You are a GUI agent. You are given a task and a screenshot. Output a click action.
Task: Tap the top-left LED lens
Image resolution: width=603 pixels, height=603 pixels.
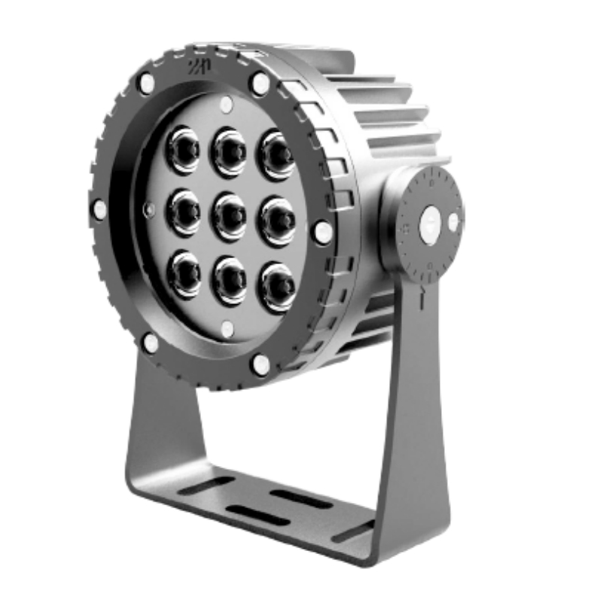pyautogui.click(x=184, y=148)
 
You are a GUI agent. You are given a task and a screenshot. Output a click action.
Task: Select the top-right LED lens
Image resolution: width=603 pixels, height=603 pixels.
pyautogui.click(x=277, y=153)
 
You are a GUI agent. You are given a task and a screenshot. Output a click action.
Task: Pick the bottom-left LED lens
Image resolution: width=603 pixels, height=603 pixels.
pyautogui.click(x=184, y=273)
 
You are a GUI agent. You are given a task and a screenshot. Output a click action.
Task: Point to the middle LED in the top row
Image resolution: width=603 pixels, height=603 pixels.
pyautogui.click(x=229, y=150)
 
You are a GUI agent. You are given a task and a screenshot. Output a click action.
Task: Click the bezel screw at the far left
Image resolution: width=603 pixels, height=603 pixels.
pyautogui.click(x=99, y=209)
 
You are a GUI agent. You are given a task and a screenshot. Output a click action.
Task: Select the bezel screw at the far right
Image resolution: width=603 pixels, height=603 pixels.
pyautogui.click(x=322, y=232)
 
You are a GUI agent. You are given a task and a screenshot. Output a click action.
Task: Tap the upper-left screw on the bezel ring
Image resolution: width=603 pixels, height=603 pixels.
pyautogui.click(x=147, y=82)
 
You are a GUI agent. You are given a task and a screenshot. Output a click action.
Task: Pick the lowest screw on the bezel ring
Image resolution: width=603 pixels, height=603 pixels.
pyautogui.click(x=260, y=365)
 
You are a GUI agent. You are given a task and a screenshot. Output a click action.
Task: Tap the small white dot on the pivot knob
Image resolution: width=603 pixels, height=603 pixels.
pyautogui.click(x=453, y=221)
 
